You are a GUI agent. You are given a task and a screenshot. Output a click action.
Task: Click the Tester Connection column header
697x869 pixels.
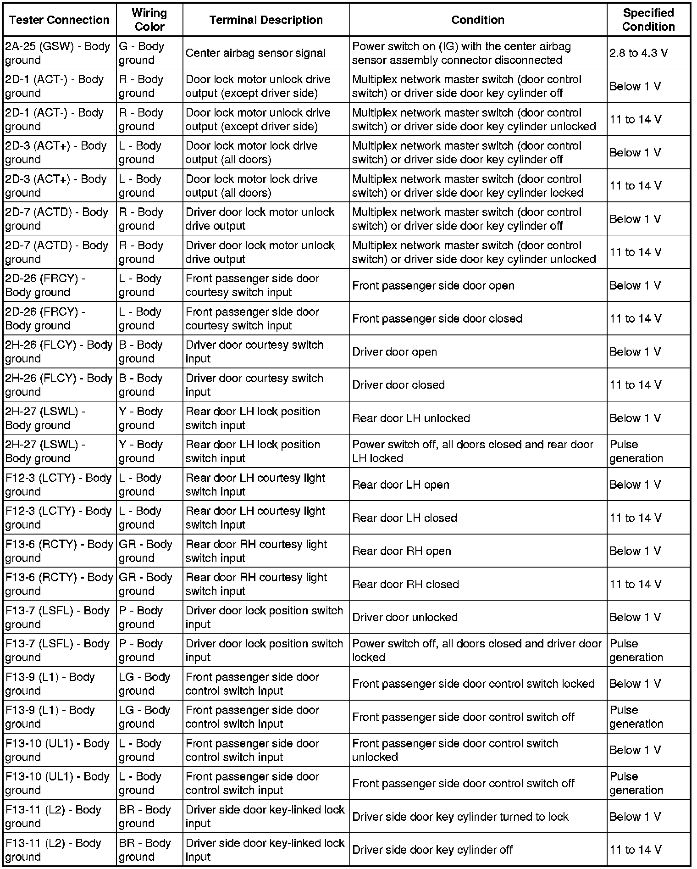[x=59, y=20]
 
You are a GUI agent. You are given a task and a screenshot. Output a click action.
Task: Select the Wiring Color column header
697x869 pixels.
[x=149, y=20]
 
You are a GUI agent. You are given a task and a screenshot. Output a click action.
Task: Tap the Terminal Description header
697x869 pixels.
[x=266, y=20]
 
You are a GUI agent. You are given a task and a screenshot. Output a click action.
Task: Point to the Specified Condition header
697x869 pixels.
[x=648, y=20]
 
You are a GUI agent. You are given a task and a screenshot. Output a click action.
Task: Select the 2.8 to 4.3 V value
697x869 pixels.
[x=638, y=53]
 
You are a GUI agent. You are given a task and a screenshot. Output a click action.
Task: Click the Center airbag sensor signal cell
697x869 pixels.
[x=255, y=53]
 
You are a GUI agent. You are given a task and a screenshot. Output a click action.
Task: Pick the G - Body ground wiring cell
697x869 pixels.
[x=142, y=53]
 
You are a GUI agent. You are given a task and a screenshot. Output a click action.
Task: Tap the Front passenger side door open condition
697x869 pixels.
[x=433, y=285]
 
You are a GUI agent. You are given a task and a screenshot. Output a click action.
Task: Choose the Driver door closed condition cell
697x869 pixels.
[x=398, y=385]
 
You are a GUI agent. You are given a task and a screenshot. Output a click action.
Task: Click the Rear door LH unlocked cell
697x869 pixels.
[x=411, y=418]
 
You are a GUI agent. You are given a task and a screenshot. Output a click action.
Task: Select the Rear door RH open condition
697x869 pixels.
[x=401, y=551]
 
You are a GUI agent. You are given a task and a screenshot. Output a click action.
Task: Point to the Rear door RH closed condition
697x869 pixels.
[x=405, y=584]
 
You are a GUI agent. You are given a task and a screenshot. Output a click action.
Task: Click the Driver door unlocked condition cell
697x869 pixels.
[x=404, y=618]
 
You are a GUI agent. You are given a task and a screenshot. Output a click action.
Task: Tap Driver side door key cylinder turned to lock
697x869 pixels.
[x=460, y=817]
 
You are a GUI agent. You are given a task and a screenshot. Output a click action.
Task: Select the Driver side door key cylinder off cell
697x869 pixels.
[x=432, y=850]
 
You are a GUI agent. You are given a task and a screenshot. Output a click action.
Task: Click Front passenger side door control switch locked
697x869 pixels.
[x=473, y=684]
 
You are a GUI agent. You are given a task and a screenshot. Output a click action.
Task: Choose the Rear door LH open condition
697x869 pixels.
[x=400, y=485]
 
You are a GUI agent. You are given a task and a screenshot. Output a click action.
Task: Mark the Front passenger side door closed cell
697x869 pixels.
[x=437, y=318]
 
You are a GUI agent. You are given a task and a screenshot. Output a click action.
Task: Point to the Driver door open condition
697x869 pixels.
[x=394, y=352]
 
